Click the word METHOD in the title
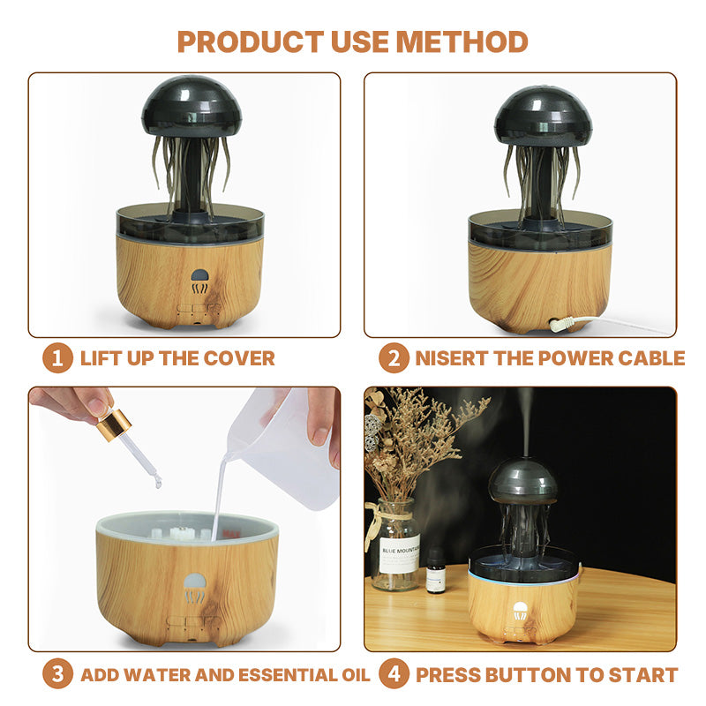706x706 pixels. (462, 41)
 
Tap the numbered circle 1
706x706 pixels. (57, 358)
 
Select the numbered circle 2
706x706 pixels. (394, 358)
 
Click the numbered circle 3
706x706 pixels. (57, 674)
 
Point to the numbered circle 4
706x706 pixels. (394, 674)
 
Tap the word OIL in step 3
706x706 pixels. (356, 675)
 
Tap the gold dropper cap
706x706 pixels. (114, 425)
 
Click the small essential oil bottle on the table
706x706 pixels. (436, 570)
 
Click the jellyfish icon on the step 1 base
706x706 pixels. (199, 282)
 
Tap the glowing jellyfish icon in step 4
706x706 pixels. (521, 611)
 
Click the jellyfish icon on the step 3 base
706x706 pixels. (195, 588)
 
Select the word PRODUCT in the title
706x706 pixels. (251, 41)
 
